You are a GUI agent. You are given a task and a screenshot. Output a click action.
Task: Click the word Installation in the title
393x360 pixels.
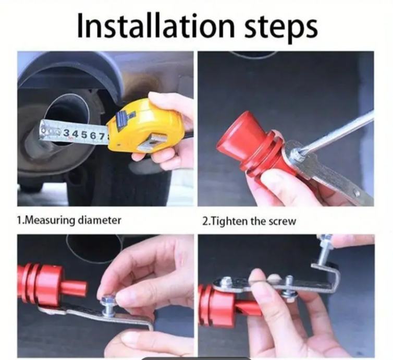[155, 25]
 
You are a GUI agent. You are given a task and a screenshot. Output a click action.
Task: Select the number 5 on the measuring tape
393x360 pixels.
[80, 135]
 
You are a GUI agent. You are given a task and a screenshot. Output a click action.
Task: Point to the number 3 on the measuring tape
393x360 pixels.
[66, 133]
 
